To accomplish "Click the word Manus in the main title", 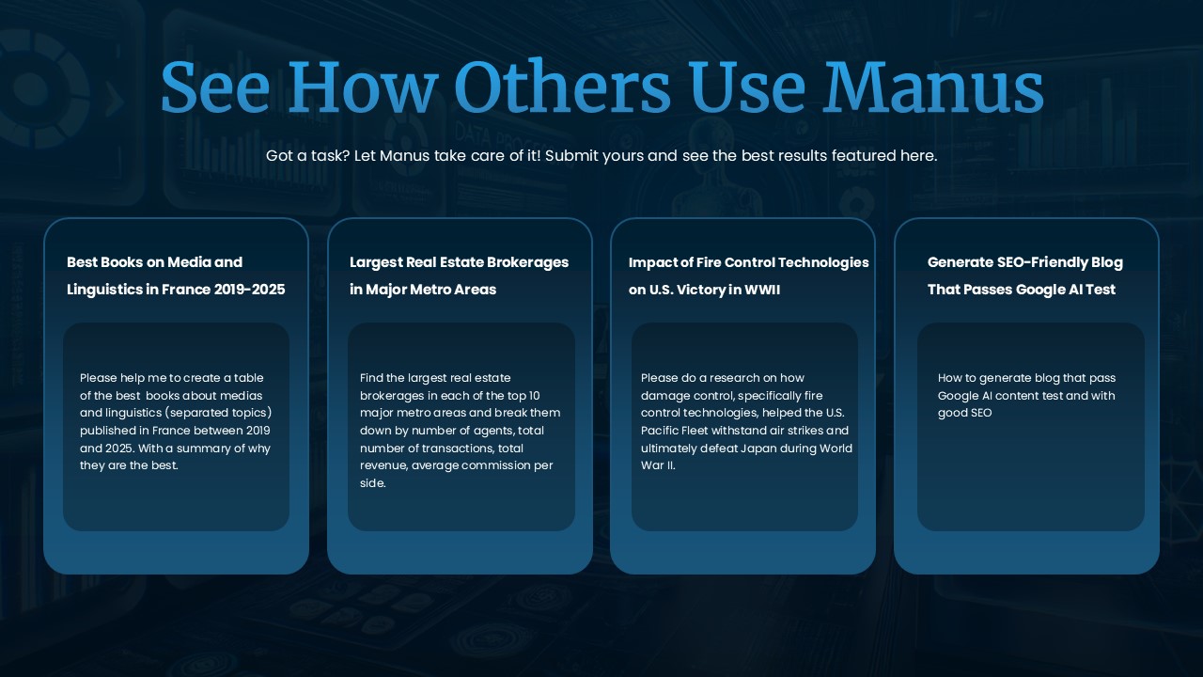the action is (x=933, y=87).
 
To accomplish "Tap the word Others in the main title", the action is (x=562, y=87).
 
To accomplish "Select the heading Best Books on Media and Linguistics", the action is (x=176, y=276).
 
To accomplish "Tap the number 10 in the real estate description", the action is (x=534, y=396).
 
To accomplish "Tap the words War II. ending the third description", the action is (x=658, y=465).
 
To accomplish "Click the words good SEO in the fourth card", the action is (x=964, y=413).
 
